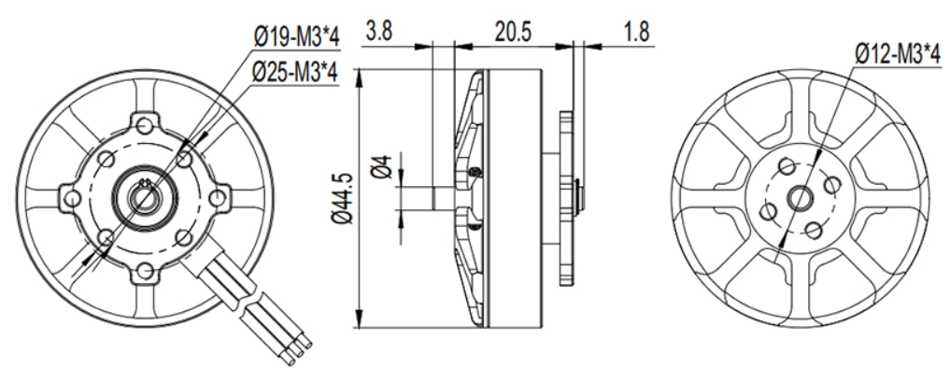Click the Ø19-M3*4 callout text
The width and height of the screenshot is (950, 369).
pos(296,37)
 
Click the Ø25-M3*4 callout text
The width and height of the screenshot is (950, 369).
pos(295,73)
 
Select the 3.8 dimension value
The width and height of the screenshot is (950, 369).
pos(378,31)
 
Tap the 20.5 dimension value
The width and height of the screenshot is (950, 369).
pos(513,31)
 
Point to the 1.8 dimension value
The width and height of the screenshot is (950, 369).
pos(635,31)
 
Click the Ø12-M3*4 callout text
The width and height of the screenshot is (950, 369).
pos(898,54)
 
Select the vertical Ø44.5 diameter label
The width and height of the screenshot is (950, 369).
pos(342,198)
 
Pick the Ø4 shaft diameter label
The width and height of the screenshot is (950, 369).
pos(382,166)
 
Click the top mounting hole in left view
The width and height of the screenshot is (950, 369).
pos(144,126)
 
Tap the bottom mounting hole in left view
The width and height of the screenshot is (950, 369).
pos(144,270)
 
